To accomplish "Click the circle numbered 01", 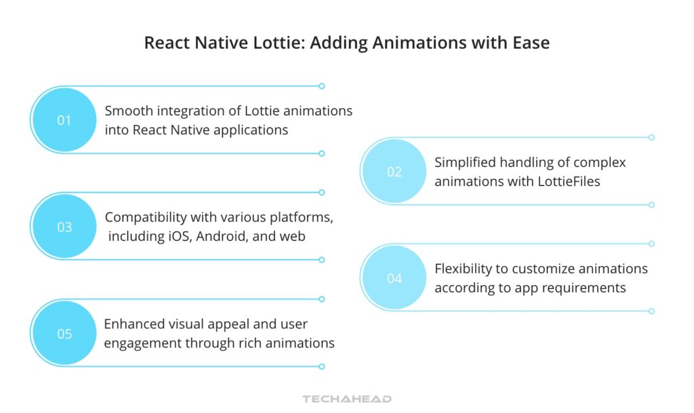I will [x=64, y=121].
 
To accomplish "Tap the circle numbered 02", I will [x=394, y=172].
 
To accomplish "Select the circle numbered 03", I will [x=64, y=227].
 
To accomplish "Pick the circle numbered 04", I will [x=394, y=279].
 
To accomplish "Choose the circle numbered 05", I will [x=64, y=334].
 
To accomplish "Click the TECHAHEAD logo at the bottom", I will [x=347, y=399].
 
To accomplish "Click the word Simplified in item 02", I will [x=464, y=163].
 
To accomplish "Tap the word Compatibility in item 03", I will [x=145, y=217].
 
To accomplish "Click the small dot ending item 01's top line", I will [x=322, y=86].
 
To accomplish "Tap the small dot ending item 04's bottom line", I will [x=651, y=311].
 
